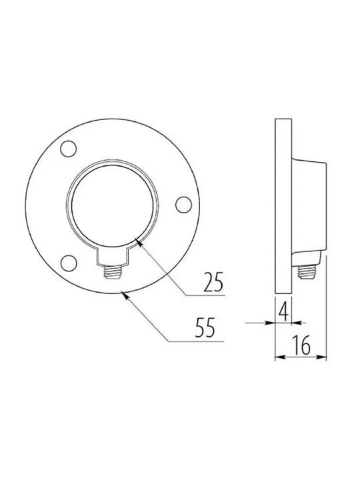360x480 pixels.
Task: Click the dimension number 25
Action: pos(213,281)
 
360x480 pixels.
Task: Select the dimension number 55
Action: pos(205,327)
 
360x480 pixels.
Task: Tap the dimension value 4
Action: pos(284,311)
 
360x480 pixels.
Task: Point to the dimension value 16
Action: pos(301,345)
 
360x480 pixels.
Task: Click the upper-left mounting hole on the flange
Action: pos(68,149)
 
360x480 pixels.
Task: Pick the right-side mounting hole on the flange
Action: pos(184,205)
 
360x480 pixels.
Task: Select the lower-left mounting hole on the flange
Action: pos(68,263)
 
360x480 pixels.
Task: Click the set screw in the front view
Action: pos(113,272)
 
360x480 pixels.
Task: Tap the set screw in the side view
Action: pos(307,272)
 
